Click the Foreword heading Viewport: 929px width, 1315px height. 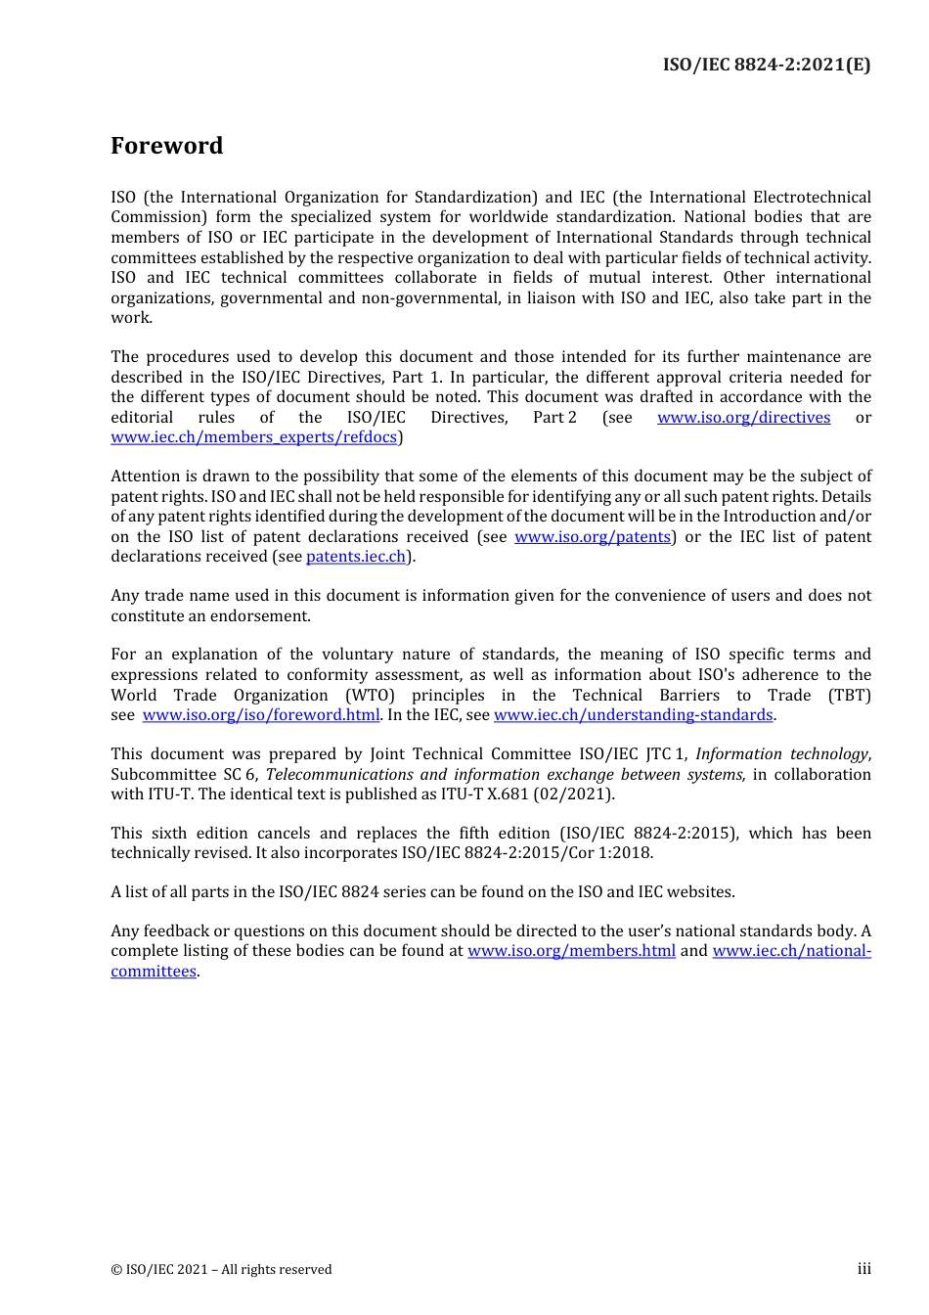[166, 146]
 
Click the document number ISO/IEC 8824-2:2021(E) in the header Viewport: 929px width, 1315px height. [766, 65]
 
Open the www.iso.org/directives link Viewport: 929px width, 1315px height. [743, 418]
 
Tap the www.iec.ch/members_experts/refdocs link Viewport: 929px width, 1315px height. [254, 437]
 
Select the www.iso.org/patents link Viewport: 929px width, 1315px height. [593, 537]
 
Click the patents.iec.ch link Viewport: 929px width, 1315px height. [356, 557]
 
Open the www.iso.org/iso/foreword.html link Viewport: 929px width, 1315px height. [261, 715]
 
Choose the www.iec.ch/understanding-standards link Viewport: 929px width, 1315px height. [634, 715]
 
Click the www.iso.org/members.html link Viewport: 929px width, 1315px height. [571, 951]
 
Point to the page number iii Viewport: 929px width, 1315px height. [863, 1269]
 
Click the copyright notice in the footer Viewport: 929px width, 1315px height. [221, 1270]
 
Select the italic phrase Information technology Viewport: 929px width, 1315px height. [781, 754]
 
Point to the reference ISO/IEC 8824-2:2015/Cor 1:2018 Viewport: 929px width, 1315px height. [527, 853]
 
